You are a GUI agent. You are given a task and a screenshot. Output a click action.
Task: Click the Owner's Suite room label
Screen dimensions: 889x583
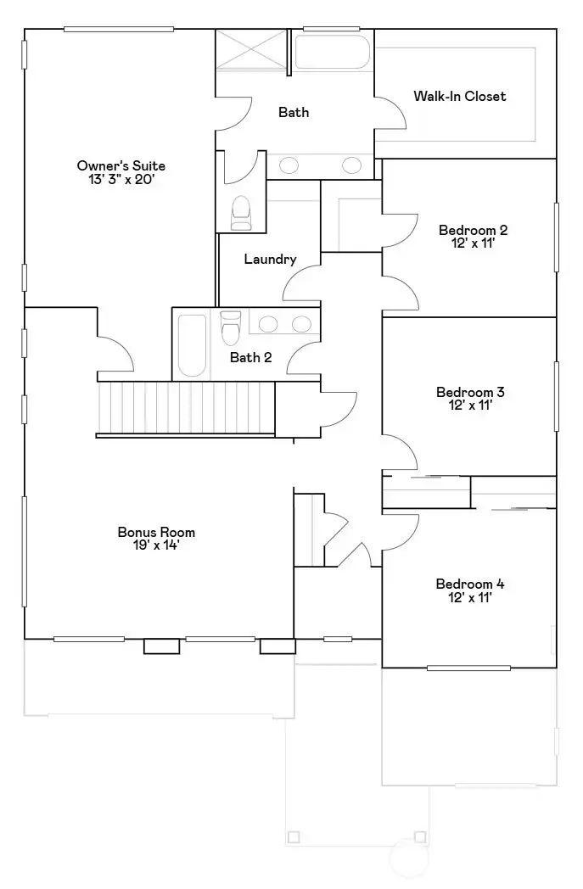point(121,165)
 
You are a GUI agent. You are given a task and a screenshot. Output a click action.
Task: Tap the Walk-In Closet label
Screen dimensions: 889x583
point(459,96)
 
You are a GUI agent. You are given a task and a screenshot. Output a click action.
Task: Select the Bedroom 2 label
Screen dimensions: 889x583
point(473,230)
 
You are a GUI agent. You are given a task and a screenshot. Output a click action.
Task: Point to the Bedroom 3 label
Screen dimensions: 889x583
point(470,392)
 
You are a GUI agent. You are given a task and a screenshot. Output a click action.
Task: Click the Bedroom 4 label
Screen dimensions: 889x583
point(470,584)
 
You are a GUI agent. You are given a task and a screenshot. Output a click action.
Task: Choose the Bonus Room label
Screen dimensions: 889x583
point(156,532)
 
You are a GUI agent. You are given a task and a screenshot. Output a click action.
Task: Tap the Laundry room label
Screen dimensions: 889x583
point(270,259)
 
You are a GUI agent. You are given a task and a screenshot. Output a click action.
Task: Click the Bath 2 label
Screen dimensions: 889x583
point(250,357)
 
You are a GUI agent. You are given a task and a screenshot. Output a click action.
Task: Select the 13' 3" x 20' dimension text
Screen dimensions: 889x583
point(121,180)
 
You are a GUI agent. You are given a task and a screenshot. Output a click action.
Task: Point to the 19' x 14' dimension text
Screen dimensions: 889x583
point(156,545)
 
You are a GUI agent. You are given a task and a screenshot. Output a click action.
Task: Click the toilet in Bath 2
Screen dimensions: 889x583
point(230,327)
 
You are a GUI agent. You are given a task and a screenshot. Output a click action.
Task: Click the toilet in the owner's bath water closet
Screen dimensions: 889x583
point(241,213)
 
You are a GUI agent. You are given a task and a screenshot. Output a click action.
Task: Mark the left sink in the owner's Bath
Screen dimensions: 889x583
point(288,165)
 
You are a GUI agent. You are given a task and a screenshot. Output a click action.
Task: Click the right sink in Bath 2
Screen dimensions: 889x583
point(300,323)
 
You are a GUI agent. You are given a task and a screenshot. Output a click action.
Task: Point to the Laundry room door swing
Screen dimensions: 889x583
point(300,284)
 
